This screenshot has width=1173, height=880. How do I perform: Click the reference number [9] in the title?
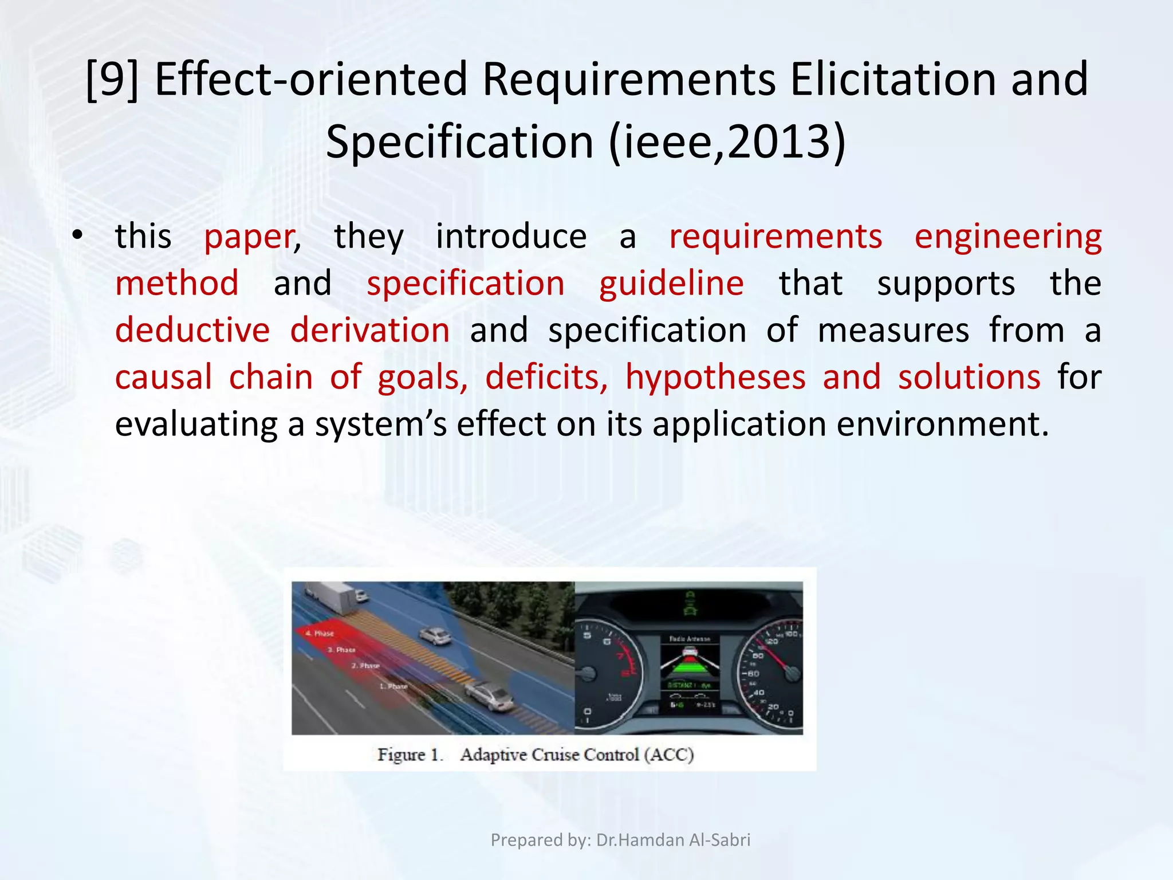tap(112, 80)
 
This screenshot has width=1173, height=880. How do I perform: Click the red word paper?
tap(250, 237)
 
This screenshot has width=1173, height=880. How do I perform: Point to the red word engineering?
tap(1007, 237)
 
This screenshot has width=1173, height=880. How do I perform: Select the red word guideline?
tap(671, 284)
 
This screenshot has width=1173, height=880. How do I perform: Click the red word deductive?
tap(192, 331)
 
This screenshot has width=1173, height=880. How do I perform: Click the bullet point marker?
tap(78, 236)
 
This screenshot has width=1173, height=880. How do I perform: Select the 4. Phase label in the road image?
tap(320, 633)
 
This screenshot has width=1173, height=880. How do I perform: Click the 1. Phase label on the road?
tap(394, 686)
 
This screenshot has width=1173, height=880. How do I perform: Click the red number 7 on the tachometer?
tap(619, 655)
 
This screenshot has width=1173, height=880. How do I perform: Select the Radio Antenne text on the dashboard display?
tap(690, 638)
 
